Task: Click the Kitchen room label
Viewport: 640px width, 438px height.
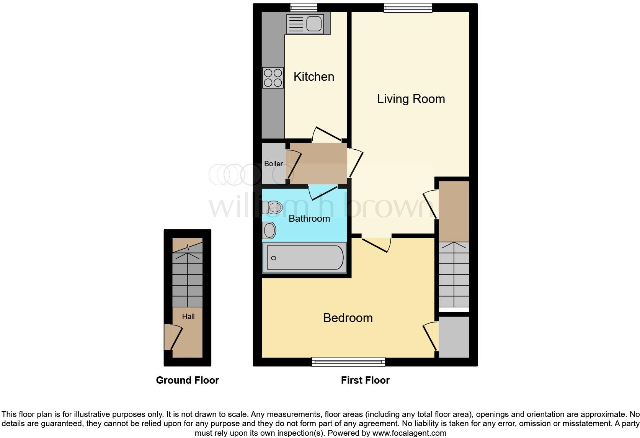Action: point(313,77)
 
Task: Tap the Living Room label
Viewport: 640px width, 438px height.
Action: point(411,99)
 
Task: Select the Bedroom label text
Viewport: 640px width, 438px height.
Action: point(348,318)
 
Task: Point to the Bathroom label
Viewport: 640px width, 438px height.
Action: point(309,218)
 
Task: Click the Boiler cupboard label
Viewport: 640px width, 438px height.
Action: point(273,163)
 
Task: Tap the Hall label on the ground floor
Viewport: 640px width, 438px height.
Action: point(188,316)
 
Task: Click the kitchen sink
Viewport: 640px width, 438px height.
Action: point(305,24)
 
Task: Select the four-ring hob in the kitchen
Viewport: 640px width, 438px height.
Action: point(273,78)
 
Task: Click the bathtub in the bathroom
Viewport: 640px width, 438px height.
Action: point(305,258)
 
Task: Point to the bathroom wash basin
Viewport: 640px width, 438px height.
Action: point(269,230)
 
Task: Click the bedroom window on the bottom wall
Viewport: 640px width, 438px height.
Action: point(348,361)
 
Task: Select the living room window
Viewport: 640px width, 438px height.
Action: point(408,8)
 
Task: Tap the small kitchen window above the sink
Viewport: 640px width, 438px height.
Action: point(304,7)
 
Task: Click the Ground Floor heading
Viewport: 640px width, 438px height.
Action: point(187,380)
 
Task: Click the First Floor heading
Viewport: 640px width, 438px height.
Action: point(365,380)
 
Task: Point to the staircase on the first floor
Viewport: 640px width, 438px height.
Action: point(454,275)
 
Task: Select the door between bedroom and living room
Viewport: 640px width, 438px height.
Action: point(376,244)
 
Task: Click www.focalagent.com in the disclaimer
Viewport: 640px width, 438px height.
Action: point(409,433)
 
